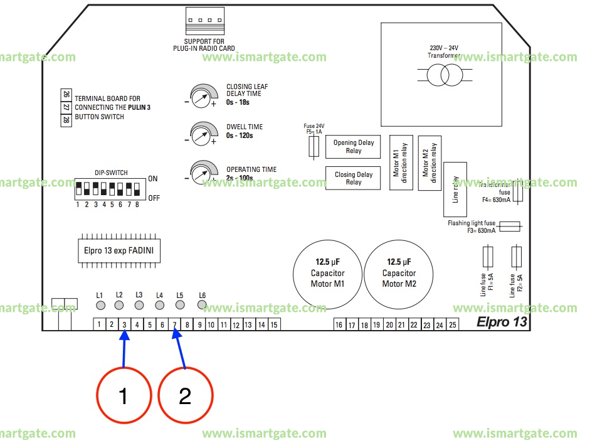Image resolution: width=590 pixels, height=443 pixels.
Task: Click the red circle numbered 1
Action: [124, 395]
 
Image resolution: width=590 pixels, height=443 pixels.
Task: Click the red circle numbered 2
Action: [185, 395]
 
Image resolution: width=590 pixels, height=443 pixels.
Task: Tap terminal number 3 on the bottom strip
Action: [124, 324]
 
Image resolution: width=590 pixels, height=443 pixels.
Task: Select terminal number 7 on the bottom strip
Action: [175, 324]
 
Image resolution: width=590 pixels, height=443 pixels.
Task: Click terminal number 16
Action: [339, 324]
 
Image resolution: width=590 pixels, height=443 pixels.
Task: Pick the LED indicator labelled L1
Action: [100, 306]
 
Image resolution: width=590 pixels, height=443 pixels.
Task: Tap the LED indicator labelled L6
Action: [202, 305]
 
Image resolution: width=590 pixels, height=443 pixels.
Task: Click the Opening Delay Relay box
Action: [354, 147]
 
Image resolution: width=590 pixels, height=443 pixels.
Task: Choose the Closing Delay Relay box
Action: [354, 178]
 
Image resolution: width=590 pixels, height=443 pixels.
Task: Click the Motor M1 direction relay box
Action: [400, 163]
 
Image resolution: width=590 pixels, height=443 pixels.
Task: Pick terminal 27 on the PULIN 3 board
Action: [66, 107]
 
